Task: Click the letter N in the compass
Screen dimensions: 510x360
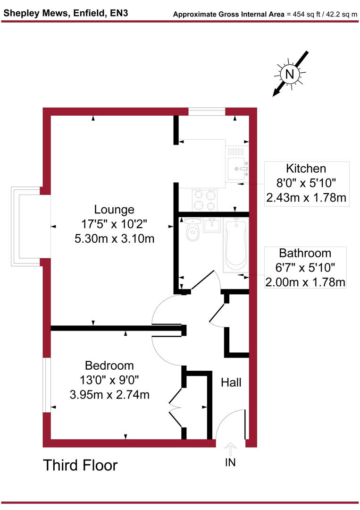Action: point(290,74)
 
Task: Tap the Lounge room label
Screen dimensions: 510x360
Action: point(114,209)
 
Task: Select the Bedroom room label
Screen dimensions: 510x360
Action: point(109,365)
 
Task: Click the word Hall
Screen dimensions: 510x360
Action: point(231,382)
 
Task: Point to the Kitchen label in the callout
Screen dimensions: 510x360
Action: point(306,169)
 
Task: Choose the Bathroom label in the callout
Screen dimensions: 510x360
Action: point(305,253)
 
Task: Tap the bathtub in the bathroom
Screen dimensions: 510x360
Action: point(234,246)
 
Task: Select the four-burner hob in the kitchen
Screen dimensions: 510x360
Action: point(205,200)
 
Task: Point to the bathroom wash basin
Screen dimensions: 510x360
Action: point(213,225)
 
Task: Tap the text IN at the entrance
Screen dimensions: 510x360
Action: point(230,462)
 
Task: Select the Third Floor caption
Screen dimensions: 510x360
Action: point(80,465)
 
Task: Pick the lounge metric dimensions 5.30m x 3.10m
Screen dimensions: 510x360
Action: point(114,238)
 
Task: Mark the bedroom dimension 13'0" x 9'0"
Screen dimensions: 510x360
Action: point(109,380)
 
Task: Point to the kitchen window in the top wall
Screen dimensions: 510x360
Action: point(207,111)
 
